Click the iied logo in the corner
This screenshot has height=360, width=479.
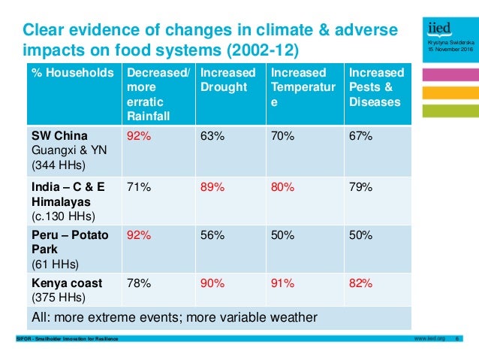click(439, 29)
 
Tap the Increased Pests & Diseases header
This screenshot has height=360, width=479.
click(376, 88)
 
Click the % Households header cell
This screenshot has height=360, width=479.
click(72, 73)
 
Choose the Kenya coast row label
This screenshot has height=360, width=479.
click(65, 283)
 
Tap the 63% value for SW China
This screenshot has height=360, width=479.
click(212, 136)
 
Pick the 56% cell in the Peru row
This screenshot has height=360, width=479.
click(212, 234)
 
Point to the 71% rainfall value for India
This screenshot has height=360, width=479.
click(139, 187)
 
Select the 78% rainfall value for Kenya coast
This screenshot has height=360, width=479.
click(139, 283)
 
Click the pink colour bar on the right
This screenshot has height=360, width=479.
click(450, 74)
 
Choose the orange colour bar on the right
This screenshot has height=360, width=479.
click(450, 92)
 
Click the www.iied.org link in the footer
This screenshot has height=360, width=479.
click(429, 339)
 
